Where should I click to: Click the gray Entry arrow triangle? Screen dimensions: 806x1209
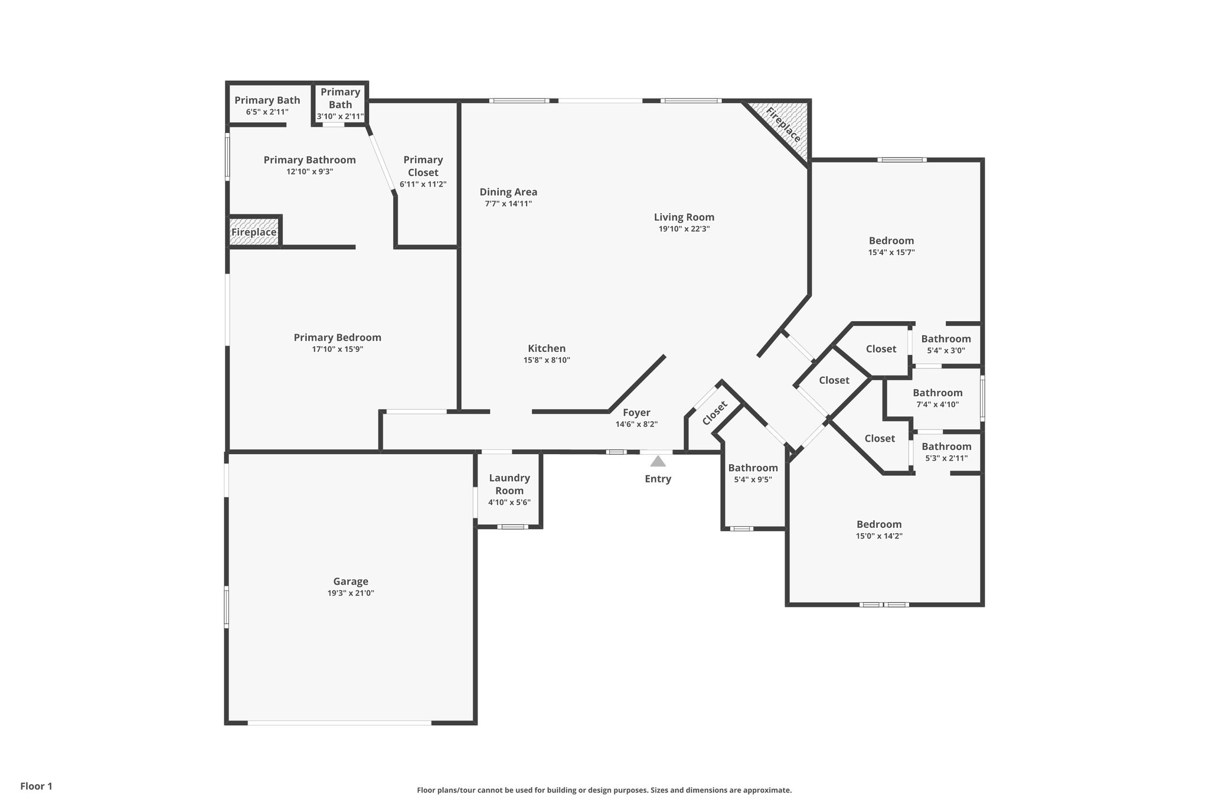658,461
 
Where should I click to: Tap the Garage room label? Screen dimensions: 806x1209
351,582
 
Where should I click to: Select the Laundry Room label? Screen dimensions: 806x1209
509,484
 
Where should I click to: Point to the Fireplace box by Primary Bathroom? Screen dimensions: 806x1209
254,232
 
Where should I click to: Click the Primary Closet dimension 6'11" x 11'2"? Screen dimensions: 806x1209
423,184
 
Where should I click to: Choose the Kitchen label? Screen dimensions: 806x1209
547,348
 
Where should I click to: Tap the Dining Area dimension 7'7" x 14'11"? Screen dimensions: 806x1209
508,204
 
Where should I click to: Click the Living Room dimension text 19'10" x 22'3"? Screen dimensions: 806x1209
684,229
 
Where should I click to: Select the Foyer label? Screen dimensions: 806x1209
636,413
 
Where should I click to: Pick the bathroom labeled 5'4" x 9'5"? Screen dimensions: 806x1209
753,474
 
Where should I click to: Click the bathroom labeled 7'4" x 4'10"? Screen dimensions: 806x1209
937,399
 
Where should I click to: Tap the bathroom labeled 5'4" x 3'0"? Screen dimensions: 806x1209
946,344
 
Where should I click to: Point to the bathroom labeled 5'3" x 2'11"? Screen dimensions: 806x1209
946,452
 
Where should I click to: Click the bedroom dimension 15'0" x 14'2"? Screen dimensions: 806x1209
879,536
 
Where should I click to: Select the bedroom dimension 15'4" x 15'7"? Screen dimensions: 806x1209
891,252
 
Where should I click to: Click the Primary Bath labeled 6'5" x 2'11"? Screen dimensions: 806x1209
267,106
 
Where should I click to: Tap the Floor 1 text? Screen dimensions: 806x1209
37,786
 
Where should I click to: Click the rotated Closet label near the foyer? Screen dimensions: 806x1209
714,413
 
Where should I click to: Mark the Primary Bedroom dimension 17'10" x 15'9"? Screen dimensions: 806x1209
337,349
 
